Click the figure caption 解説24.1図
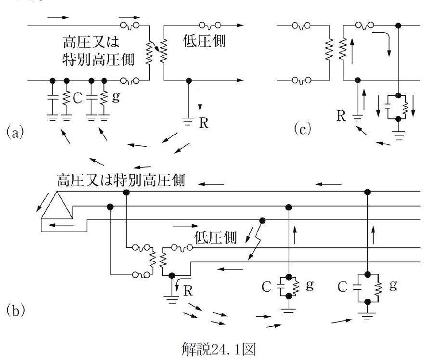click(219, 349)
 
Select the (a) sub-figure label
click(15, 132)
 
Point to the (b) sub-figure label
click(16, 310)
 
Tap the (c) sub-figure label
click(302, 129)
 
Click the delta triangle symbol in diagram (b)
click(57, 205)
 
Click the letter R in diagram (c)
click(341, 116)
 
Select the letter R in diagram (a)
click(204, 123)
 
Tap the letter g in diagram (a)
click(116, 97)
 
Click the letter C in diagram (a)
click(78, 98)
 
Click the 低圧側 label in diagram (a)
click(204, 41)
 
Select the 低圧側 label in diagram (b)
click(215, 237)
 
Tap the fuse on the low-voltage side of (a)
click(210, 26)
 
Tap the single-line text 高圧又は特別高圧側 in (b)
click(121, 180)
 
